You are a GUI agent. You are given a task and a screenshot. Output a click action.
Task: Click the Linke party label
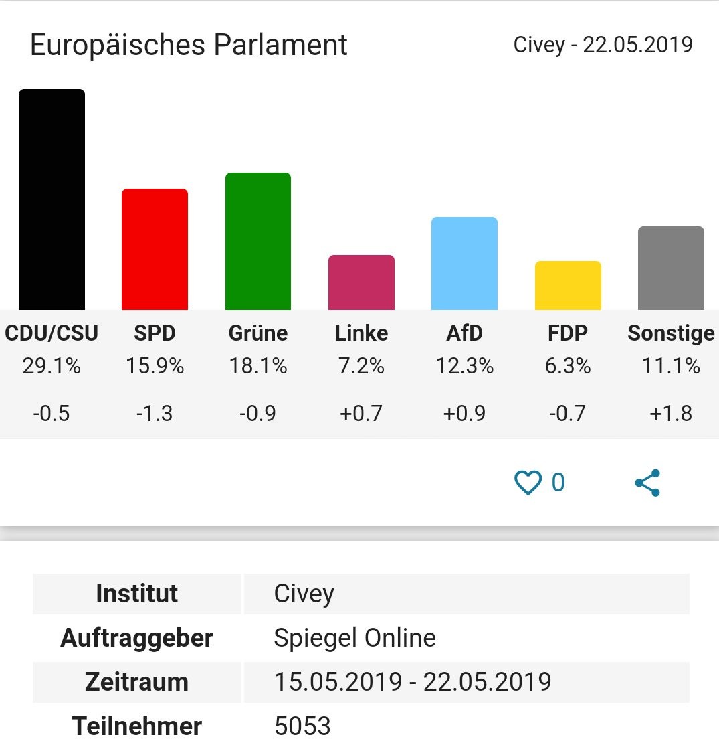361,333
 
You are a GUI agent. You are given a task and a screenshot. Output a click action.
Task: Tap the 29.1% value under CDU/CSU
52,366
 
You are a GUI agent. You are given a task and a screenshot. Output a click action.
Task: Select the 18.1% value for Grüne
258,366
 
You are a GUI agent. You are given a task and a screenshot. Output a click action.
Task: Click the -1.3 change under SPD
155,413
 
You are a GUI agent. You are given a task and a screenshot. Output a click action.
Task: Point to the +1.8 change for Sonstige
671,413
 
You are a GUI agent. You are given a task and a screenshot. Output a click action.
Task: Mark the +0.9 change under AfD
464,413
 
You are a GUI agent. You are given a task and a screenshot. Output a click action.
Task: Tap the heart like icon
528,483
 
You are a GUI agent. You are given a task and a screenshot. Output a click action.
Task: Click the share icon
647,483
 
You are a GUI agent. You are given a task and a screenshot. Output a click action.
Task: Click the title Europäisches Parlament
189,45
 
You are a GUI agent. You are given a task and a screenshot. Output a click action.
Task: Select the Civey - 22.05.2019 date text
603,45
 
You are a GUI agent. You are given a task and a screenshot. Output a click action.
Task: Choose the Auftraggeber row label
136,638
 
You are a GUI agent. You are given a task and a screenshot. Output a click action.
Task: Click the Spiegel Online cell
354,638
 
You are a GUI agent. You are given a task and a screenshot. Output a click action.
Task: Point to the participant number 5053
302,726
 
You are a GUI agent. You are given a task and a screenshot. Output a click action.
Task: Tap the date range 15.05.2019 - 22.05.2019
413,682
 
